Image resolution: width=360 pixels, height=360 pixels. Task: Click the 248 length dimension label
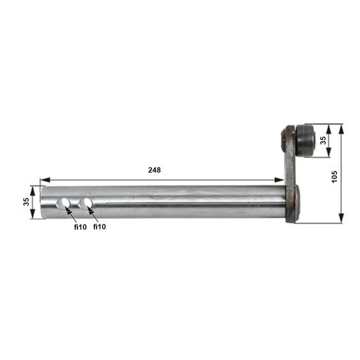click(x=154, y=170)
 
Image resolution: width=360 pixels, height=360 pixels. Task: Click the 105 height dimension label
click(x=334, y=177)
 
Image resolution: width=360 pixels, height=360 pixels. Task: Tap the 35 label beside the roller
click(x=323, y=140)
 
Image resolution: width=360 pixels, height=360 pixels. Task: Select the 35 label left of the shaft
click(x=26, y=202)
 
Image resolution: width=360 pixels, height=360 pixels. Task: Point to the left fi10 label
click(x=81, y=227)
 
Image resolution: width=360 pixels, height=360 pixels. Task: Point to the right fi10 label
click(x=99, y=227)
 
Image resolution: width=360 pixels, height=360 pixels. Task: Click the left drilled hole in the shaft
click(x=63, y=204)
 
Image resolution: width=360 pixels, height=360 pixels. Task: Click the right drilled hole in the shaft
click(x=85, y=204)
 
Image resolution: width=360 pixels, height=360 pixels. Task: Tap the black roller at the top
click(x=306, y=141)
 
